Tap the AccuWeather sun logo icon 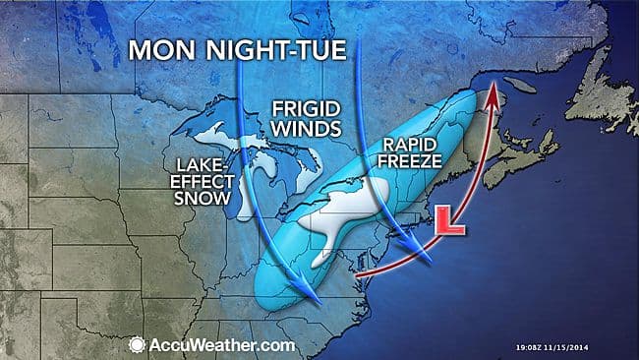(138, 345)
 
